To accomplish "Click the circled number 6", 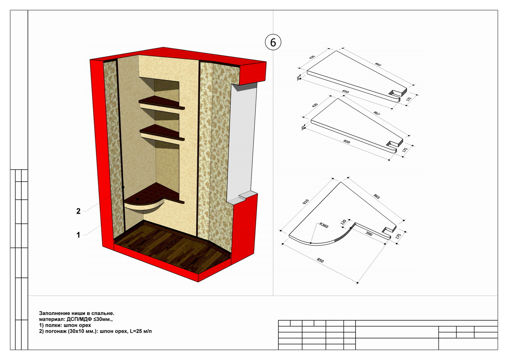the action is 273,43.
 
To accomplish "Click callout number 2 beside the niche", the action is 78,211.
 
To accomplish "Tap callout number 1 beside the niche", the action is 78,235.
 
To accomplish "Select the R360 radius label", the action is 324,225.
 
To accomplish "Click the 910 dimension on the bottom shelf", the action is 306,202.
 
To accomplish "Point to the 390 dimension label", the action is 369,234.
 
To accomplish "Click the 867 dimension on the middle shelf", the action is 377,113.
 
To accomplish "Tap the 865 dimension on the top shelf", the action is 378,64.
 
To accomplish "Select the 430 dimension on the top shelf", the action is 312,57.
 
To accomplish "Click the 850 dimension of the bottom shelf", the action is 320,261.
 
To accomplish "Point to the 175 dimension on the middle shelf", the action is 405,150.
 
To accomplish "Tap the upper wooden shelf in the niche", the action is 161,103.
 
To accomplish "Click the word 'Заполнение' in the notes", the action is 54,313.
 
